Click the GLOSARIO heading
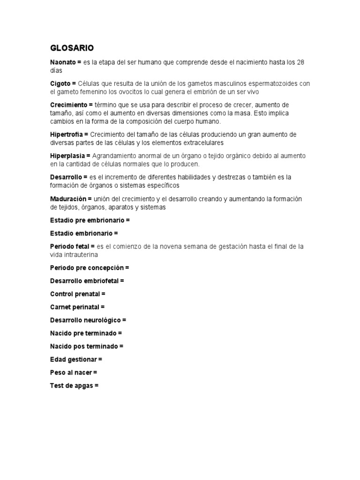72,48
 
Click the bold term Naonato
63,62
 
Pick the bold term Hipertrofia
66,135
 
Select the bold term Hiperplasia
67,156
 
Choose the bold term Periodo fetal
69,246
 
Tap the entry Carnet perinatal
75,307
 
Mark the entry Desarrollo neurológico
86,320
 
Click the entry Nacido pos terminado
84,346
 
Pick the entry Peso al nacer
71,373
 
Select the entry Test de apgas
72,386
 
